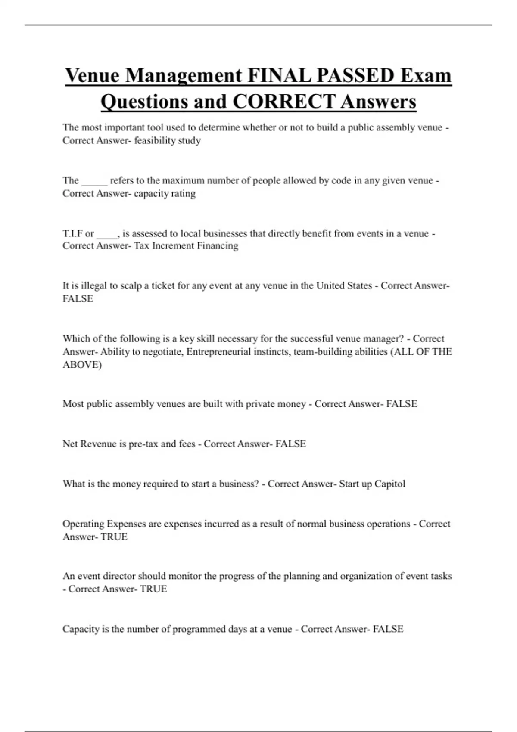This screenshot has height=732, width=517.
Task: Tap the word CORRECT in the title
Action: [x=283, y=102]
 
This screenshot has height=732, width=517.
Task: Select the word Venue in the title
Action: [x=92, y=76]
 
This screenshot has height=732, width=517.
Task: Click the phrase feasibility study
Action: [x=167, y=140]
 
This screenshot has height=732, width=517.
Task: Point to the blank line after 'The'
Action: [x=94, y=181]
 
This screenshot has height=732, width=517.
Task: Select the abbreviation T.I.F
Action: [x=72, y=233]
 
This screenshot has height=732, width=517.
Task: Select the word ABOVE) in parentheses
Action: [x=82, y=365]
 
